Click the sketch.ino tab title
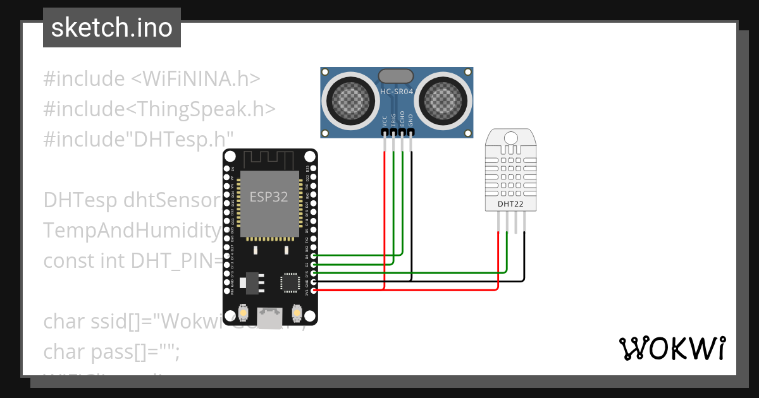(112, 28)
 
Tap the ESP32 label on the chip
(269, 196)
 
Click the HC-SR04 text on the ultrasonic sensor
(397, 92)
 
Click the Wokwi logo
(672, 348)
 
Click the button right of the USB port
(297, 313)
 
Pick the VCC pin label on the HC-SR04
(385, 121)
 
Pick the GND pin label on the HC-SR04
(411, 121)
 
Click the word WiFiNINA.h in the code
(195, 79)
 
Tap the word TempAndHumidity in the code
(132, 231)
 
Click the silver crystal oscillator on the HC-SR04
(397, 76)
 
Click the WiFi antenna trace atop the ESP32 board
(269, 158)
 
